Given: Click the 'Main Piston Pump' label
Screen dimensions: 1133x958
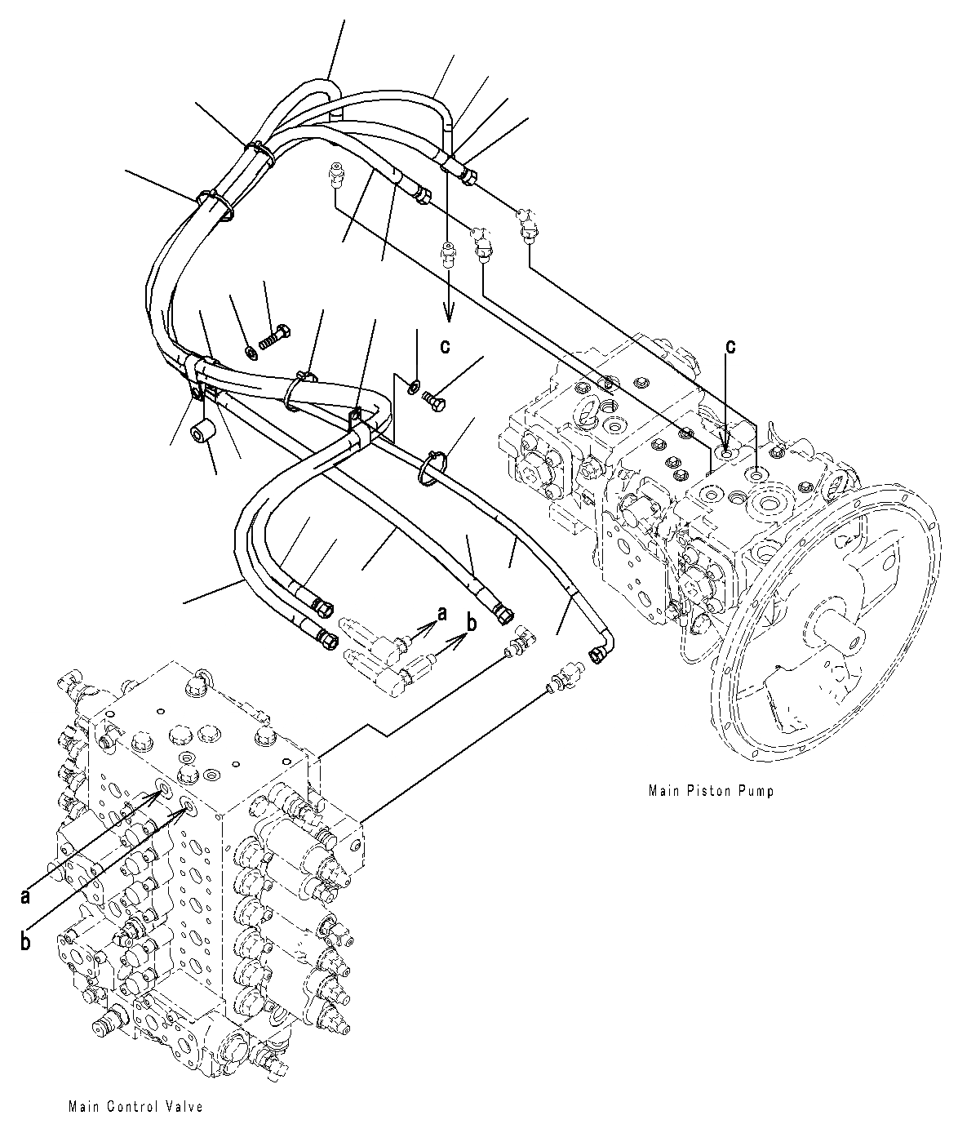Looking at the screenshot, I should [710, 790].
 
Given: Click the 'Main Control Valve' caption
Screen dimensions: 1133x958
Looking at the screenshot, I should [136, 1107].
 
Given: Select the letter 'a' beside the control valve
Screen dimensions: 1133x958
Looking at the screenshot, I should [26, 896].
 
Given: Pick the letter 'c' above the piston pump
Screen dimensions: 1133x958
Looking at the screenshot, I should [730, 346].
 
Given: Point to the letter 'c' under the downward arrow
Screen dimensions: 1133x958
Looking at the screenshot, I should [445, 346].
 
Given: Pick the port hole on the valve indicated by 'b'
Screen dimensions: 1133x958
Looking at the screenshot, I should [188, 806].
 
